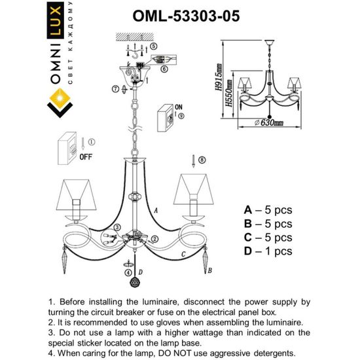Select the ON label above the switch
pos(179,104)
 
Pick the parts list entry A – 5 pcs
pos(268,210)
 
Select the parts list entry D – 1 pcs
pos(268,251)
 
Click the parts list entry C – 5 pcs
pos(268,238)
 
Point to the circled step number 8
pos(202,159)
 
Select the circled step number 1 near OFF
pos(92,141)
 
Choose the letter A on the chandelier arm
pos(155,210)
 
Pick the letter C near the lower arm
pos(184,253)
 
